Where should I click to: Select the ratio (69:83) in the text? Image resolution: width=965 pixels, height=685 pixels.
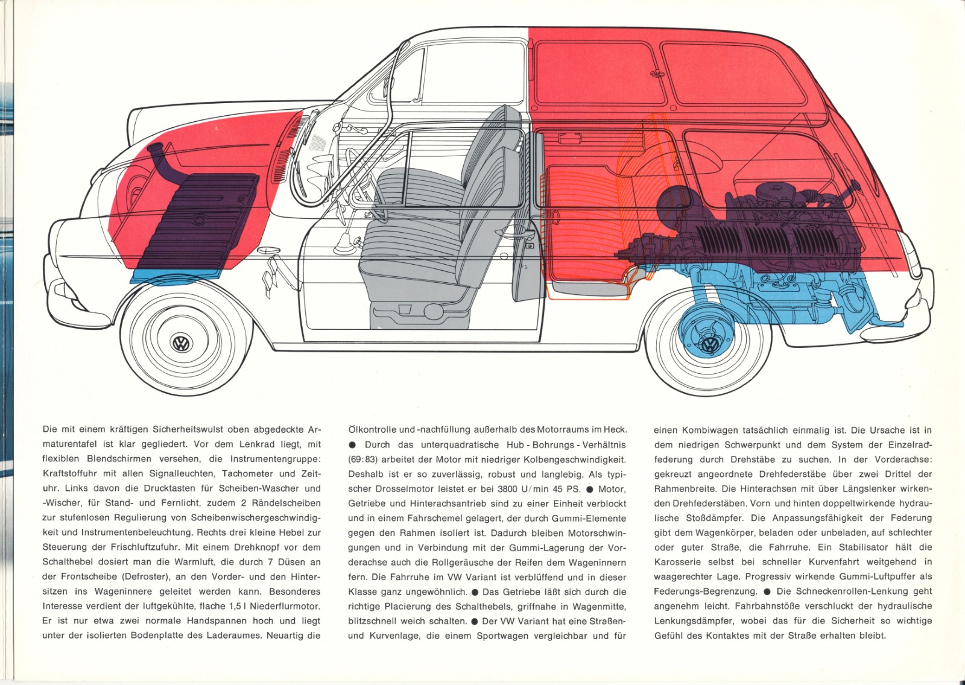(x=363, y=459)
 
